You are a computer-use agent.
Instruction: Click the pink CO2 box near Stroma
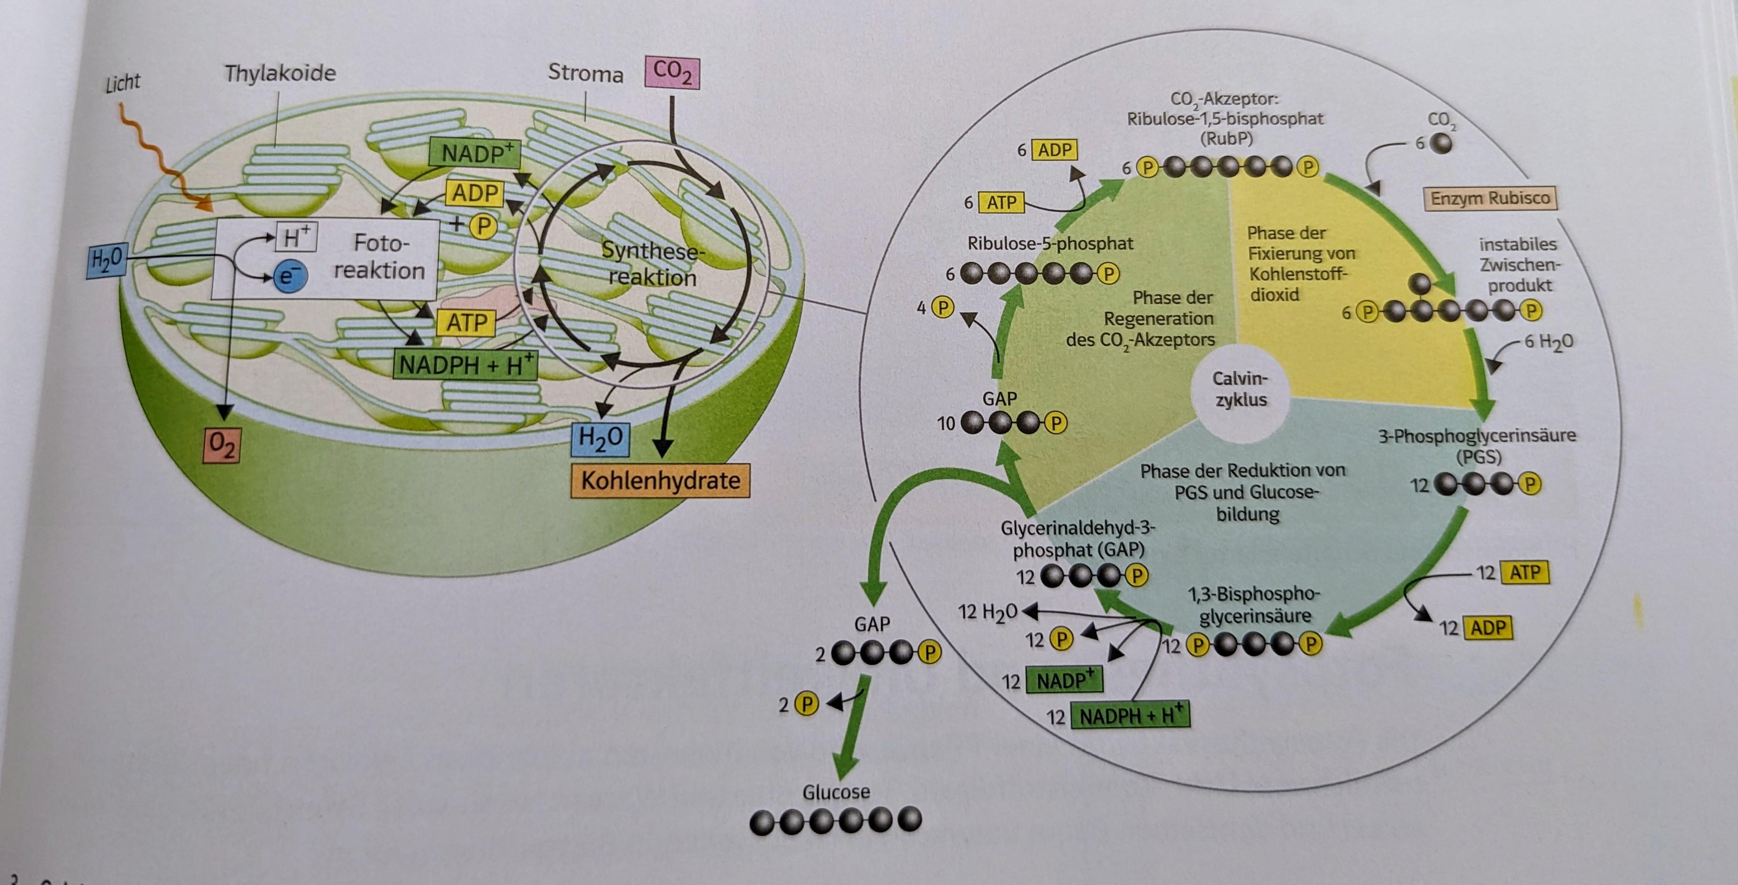point(672,73)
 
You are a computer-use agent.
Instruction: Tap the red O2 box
point(222,445)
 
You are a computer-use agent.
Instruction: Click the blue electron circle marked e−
point(289,277)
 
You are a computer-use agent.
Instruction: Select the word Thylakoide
point(280,73)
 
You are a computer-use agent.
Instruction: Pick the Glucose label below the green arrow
point(836,791)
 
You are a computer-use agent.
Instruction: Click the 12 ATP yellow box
point(1525,573)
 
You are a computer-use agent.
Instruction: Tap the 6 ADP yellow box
point(1054,150)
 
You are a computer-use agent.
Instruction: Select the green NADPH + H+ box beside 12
point(1131,715)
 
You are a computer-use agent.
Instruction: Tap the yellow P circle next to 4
point(943,308)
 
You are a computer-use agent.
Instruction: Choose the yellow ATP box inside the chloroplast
point(466,323)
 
